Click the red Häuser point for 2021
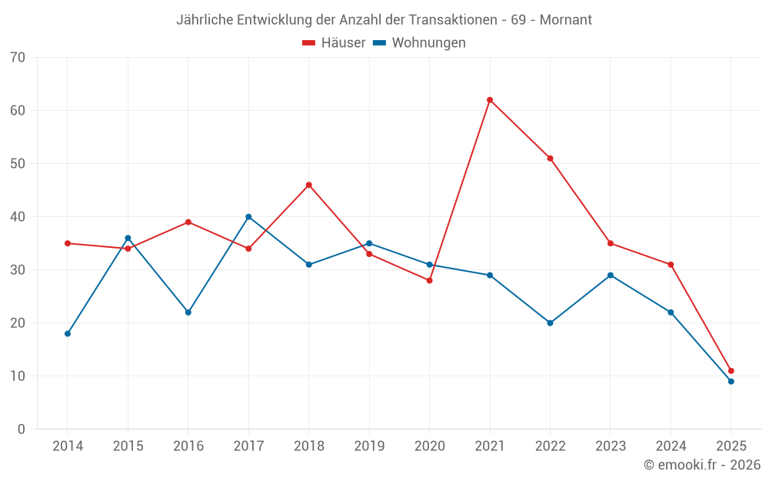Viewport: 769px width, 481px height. (x=490, y=100)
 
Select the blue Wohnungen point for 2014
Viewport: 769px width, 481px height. (x=68, y=334)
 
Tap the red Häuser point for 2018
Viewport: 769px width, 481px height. (x=309, y=185)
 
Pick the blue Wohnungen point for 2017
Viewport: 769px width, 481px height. (x=248, y=217)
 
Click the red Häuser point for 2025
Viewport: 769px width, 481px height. (x=731, y=371)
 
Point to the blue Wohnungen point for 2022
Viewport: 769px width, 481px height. (x=550, y=323)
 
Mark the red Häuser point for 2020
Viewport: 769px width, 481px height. (x=430, y=280)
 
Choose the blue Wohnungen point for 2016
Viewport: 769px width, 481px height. (x=188, y=312)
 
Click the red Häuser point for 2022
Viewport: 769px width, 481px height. (x=550, y=159)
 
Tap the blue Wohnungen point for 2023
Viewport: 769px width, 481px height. (x=611, y=276)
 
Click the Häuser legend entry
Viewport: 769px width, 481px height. (x=334, y=43)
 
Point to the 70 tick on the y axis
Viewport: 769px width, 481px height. (x=18, y=58)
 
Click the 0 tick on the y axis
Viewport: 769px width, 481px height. (x=22, y=429)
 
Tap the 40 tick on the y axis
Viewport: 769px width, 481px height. (x=18, y=217)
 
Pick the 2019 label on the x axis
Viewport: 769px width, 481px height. (x=369, y=446)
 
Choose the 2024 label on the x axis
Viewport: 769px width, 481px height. (x=671, y=446)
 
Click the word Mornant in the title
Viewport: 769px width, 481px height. (x=566, y=19)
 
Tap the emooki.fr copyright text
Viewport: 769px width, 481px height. (x=702, y=465)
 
